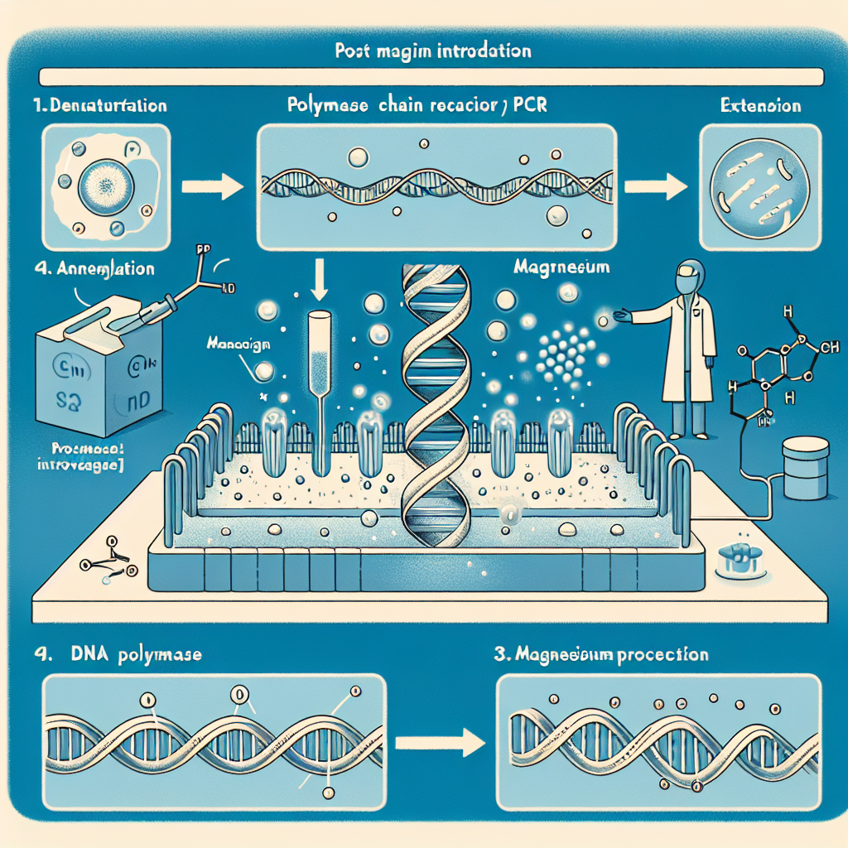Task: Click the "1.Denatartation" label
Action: [101, 106]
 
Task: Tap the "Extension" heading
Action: [760, 106]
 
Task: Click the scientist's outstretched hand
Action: [619, 316]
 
